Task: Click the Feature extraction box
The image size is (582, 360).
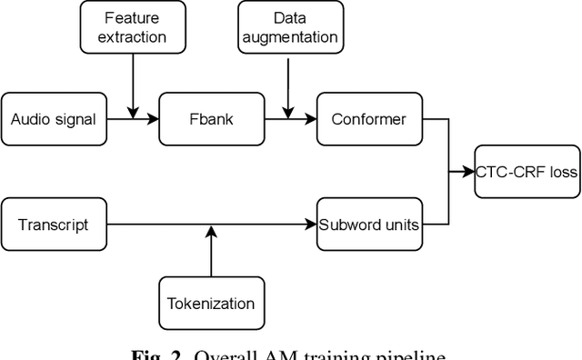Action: [134, 27]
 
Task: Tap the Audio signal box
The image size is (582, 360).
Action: [53, 119]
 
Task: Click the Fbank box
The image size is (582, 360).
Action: [211, 119]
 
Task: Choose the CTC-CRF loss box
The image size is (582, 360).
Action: [527, 170]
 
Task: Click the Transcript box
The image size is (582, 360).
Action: [53, 224]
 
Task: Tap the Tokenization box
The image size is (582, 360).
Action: [211, 304]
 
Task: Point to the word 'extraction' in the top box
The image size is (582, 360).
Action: [134, 37]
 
